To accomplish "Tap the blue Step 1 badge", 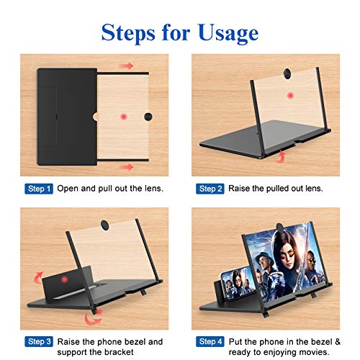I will (39, 189).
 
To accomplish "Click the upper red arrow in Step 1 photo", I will (127, 66).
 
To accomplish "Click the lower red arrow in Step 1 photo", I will (127, 166).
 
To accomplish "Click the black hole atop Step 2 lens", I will (287, 72).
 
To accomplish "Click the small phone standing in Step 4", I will (234, 274).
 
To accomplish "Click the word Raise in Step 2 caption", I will (240, 189).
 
